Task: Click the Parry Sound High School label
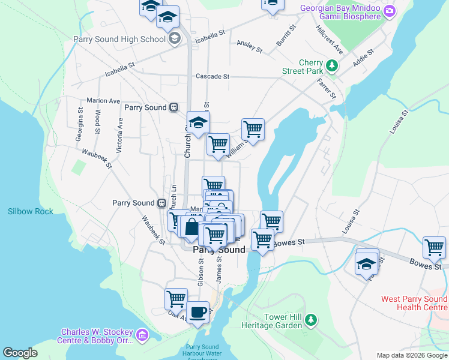[x=119, y=40]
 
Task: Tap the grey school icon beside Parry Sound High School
[x=174, y=40]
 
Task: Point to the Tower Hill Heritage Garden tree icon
[x=310, y=319]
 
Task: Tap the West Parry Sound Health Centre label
[x=414, y=303]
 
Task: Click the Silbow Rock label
[x=31, y=211]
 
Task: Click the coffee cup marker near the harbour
[x=198, y=312]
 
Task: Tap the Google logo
[x=20, y=353]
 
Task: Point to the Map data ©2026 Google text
[x=412, y=355]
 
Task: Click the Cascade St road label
[x=212, y=77]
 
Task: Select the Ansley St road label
[x=249, y=46]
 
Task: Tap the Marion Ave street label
[x=103, y=101]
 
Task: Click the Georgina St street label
[x=80, y=124]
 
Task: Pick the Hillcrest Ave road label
[x=329, y=38]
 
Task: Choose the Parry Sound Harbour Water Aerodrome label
[x=202, y=350]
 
